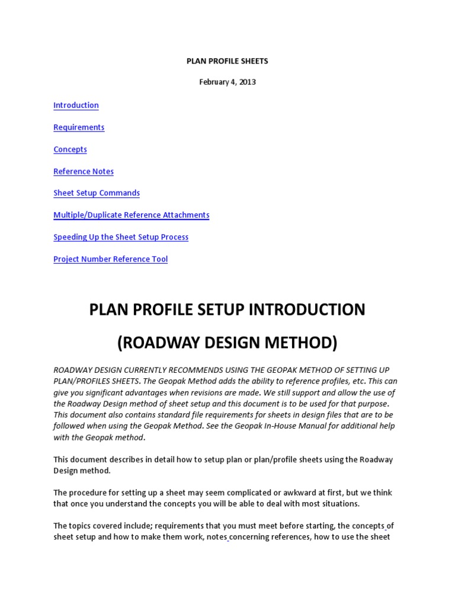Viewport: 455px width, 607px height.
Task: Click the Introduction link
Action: [x=76, y=106]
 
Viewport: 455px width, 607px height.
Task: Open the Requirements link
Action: [x=79, y=127]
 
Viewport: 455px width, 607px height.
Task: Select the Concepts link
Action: [x=70, y=149]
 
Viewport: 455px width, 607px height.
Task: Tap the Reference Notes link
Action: [x=84, y=171]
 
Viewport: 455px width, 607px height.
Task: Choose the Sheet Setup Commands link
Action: [x=97, y=193]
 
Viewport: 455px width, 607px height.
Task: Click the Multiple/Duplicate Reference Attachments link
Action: [x=131, y=215]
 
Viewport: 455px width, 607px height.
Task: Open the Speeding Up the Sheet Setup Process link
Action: [x=121, y=237]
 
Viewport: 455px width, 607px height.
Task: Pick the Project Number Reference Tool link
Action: [x=110, y=259]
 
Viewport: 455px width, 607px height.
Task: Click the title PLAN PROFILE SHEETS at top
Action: [x=227, y=61]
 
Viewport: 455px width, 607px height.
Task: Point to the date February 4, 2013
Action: [x=227, y=82]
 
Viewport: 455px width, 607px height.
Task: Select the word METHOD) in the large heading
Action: [x=301, y=343]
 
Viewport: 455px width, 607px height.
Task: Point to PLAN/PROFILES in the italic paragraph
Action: [x=80, y=381]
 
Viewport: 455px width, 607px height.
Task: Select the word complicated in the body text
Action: [x=269, y=493]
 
